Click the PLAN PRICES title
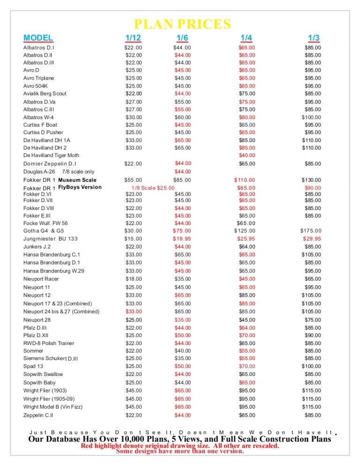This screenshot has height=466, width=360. (x=182, y=24)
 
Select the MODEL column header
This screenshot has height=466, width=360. (x=38, y=38)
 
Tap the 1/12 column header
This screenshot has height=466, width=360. (x=133, y=38)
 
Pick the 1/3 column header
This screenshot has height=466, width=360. (x=314, y=38)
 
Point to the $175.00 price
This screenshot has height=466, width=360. (x=312, y=231)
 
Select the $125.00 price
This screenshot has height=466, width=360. (x=245, y=231)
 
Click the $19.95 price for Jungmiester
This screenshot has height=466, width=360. (x=182, y=239)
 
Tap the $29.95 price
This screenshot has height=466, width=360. (x=312, y=239)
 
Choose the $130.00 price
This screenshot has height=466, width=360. (x=311, y=180)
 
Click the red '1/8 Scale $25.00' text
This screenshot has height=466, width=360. (x=156, y=188)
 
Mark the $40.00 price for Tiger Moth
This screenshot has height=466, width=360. (x=247, y=155)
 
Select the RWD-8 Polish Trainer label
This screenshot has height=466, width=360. (x=48, y=343)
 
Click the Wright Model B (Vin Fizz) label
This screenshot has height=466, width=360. (x=53, y=406)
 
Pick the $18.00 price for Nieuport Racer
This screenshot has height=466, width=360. (x=134, y=279)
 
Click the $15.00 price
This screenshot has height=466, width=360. (x=133, y=239)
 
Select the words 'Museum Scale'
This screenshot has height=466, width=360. (x=77, y=180)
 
